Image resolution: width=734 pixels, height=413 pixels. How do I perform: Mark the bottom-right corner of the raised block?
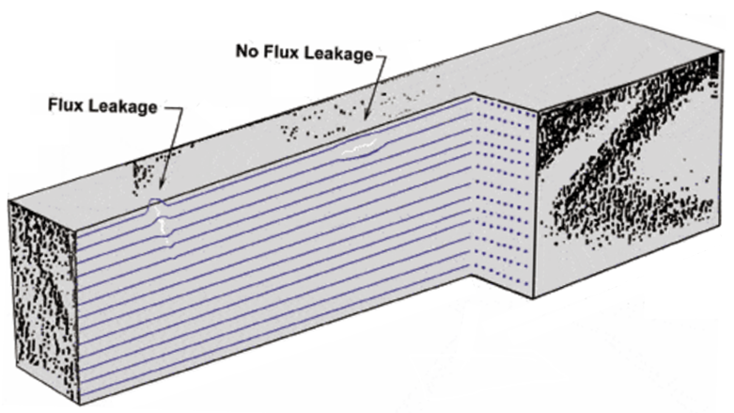[534, 298]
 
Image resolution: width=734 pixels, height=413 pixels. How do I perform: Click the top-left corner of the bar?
[9, 200]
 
